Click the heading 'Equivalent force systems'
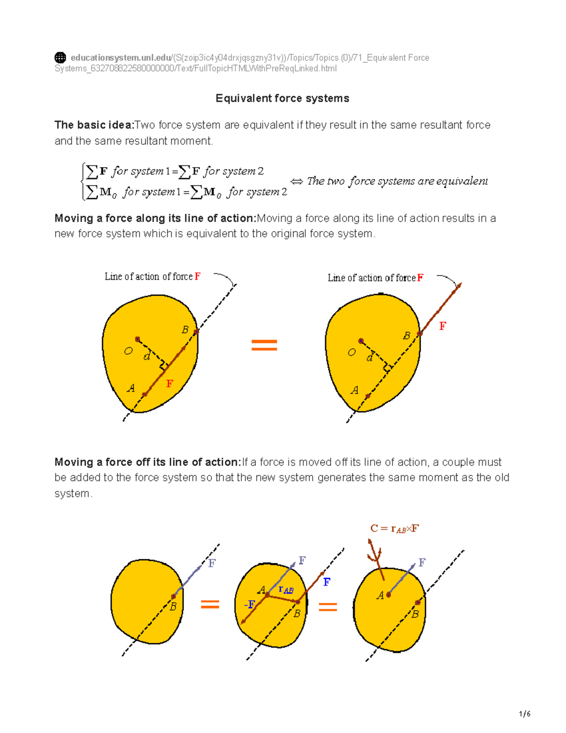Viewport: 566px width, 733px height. coord(282,98)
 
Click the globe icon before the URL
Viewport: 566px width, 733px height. coord(60,58)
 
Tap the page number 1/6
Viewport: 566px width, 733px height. coord(525,714)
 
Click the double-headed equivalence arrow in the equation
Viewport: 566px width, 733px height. coord(297,181)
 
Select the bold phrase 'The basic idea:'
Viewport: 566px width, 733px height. coord(94,125)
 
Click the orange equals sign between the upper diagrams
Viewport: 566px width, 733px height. coord(264,345)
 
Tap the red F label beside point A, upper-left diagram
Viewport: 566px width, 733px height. coord(169,384)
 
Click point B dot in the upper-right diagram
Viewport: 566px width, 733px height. coord(420,334)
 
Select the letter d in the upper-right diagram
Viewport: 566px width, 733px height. coord(370,357)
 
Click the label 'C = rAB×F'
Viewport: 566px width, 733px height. coord(394,528)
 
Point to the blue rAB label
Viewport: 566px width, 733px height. coord(286,589)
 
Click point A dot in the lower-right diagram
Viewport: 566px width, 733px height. coord(388,595)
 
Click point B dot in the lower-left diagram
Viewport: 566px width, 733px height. coord(173,597)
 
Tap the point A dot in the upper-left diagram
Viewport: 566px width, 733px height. coord(145,394)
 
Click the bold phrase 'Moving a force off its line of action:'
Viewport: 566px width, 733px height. coord(148,462)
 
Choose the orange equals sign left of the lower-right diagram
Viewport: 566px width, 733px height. coord(328,607)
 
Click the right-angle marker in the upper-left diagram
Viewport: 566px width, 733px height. coord(164,366)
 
